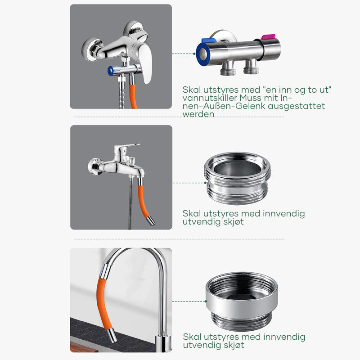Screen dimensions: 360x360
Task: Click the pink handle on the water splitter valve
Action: point(268,37)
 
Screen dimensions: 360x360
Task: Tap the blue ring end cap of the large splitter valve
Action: point(202,54)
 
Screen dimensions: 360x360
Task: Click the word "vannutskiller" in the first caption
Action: point(210,98)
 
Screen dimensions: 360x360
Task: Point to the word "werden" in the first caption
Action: point(198,114)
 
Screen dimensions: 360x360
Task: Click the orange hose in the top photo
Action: point(133,96)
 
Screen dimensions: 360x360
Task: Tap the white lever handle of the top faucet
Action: point(146,63)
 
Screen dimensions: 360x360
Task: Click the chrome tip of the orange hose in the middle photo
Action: point(151,221)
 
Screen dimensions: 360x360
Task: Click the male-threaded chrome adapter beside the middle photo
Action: point(238,178)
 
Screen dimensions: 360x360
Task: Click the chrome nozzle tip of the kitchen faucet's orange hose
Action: point(112,335)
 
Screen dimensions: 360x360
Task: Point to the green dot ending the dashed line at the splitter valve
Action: point(194,54)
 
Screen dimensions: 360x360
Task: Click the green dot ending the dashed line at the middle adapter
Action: point(205,183)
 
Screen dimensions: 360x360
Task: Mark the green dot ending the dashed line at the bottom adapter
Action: point(206,301)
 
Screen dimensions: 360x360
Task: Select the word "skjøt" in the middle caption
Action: point(233,222)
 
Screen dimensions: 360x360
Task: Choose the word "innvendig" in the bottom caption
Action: point(284,337)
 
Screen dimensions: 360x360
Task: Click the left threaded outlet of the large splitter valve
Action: point(228,68)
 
